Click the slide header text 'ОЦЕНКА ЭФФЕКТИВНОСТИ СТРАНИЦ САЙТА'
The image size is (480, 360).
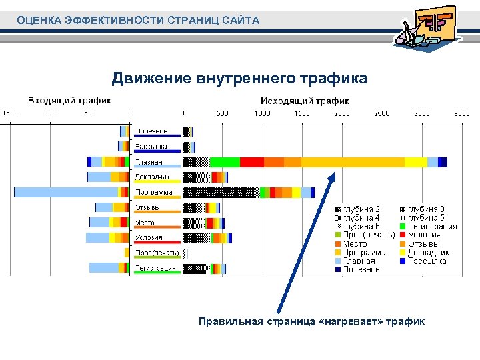point(138,21)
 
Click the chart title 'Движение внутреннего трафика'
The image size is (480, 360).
point(239,79)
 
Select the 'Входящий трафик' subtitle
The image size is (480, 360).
point(69,101)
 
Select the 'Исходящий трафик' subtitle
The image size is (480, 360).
point(305,101)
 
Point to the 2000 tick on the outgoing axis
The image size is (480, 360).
point(342,113)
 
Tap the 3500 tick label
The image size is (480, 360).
point(462,113)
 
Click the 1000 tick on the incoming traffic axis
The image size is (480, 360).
point(50,113)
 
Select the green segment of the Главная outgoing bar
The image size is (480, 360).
point(225,162)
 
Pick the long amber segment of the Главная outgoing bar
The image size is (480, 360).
point(353,162)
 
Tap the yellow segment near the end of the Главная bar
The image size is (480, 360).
point(415,162)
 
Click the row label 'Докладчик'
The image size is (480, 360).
point(153,177)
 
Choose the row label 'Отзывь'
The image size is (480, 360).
point(147,208)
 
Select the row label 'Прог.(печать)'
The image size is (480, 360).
point(154,253)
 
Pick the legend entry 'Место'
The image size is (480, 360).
point(355,244)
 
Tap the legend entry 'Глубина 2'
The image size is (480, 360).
point(361,209)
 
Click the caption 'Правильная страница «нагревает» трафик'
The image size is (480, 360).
point(311,321)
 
